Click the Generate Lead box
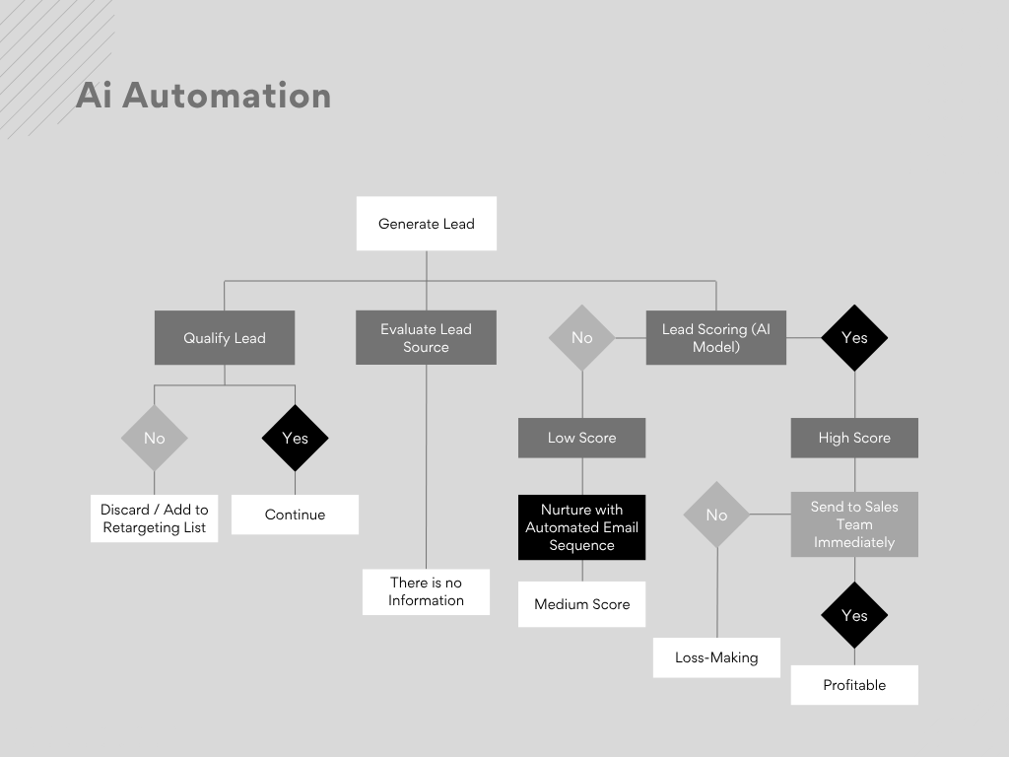click(x=426, y=224)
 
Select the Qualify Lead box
click(x=225, y=338)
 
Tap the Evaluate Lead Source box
click(x=426, y=338)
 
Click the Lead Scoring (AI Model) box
click(x=716, y=338)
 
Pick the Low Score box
click(x=581, y=438)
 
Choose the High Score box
click(x=854, y=438)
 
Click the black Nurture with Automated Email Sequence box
click(x=581, y=527)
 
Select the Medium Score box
click(x=581, y=604)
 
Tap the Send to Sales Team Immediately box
click(x=854, y=524)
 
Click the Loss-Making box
click(x=716, y=657)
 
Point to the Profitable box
click(x=854, y=685)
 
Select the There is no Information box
click(x=426, y=591)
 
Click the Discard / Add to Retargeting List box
click(x=155, y=518)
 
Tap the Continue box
click(x=295, y=515)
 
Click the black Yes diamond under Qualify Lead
click(x=295, y=438)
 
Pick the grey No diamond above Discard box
click(x=155, y=438)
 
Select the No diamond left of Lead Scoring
click(x=581, y=338)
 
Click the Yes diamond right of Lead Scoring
click(x=854, y=338)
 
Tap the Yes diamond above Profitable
click(x=854, y=615)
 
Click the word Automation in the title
click(x=227, y=96)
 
